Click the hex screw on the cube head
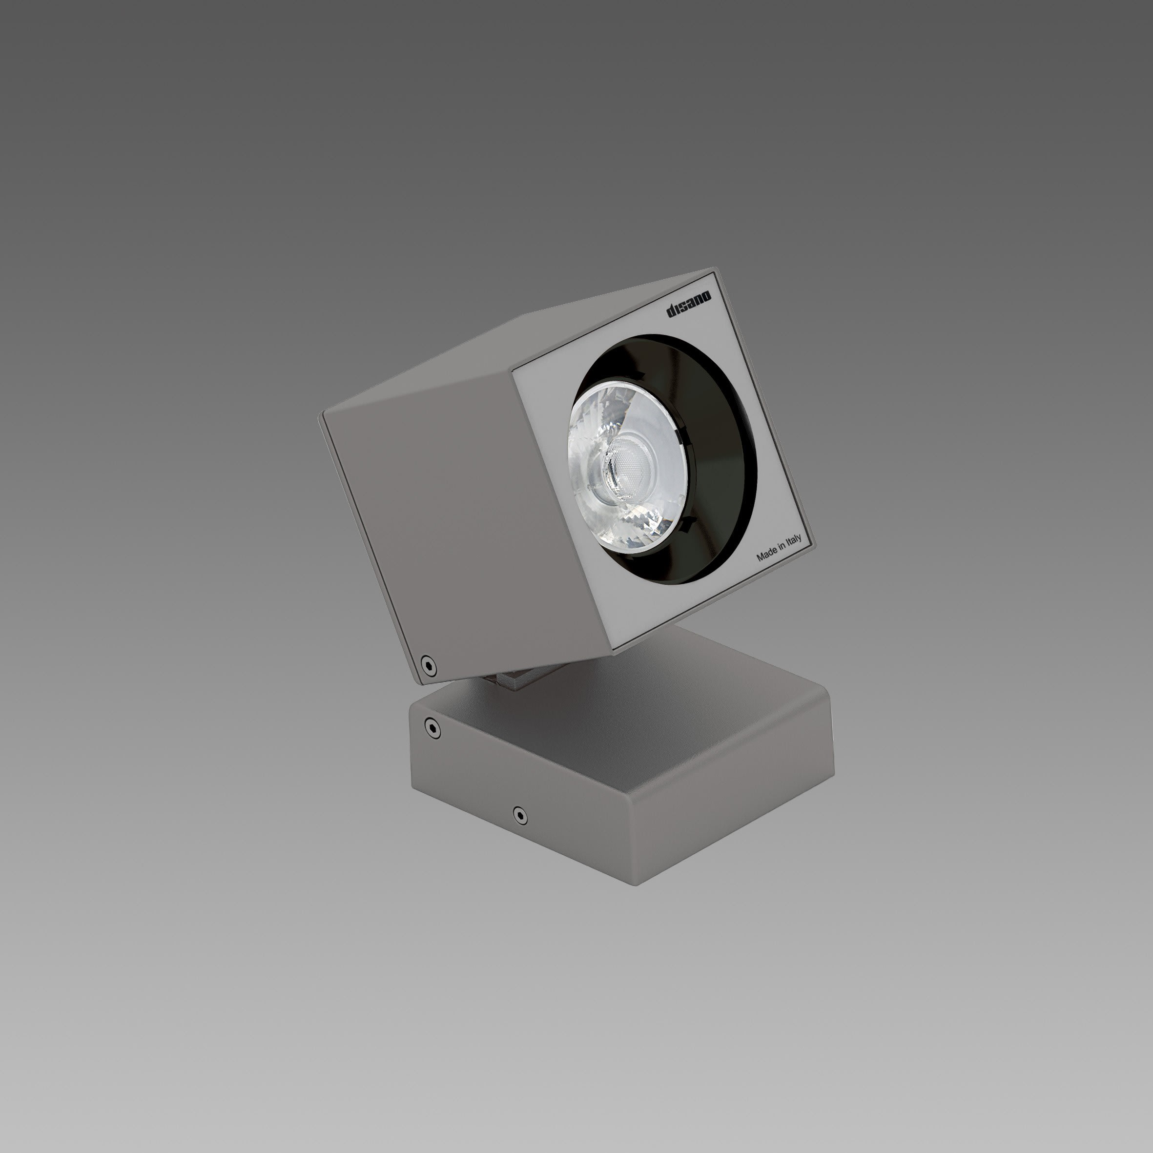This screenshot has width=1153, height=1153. pos(427,663)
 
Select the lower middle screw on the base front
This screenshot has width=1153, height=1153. pos(520,815)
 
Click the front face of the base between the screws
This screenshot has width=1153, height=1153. pos(477,776)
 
